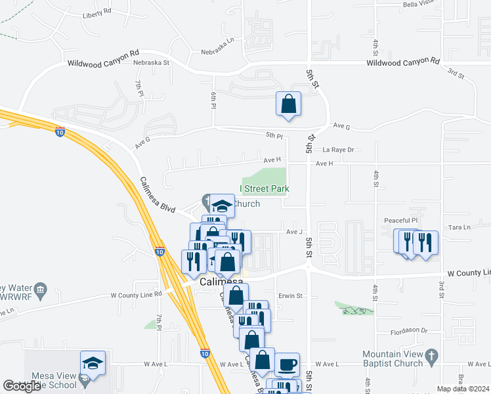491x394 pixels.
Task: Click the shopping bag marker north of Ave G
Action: (x=288, y=104)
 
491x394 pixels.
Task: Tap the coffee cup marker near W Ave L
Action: (x=286, y=364)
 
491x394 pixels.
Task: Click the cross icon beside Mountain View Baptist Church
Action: (x=431, y=357)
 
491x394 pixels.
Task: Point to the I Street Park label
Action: (x=264, y=189)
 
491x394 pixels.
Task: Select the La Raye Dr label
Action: (x=338, y=150)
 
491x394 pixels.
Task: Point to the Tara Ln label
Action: (x=459, y=227)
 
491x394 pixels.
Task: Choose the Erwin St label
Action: (x=289, y=295)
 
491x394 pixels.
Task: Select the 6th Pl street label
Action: (x=213, y=100)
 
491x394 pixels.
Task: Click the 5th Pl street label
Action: (x=274, y=136)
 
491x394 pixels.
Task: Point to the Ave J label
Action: (x=293, y=232)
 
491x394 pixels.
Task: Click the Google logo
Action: (x=22, y=386)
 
